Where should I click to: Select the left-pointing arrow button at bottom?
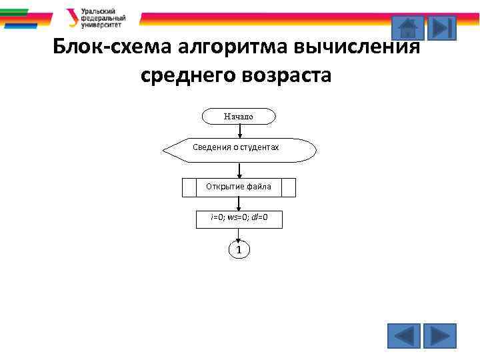tap(404, 336)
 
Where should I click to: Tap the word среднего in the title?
tap(187, 75)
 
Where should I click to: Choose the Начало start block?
tap(239, 117)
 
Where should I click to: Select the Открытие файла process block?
tap(239, 187)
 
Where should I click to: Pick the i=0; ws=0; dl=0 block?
tap(239, 219)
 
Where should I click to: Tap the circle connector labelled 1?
tap(239, 250)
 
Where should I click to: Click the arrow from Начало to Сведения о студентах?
tap(239, 131)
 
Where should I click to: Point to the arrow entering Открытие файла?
tap(239, 171)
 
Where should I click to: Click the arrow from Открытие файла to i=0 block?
tap(239, 203)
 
